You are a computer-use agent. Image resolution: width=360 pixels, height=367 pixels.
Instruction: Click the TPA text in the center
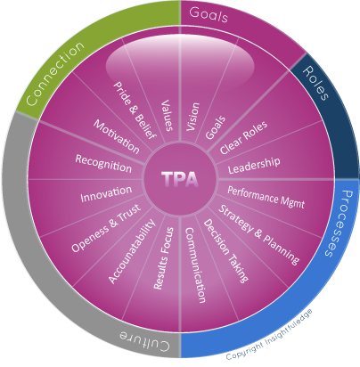pos(180,179)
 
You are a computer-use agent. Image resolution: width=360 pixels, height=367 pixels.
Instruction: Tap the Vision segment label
pos(193,117)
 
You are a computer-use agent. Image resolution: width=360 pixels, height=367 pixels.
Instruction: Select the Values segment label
pos(168,115)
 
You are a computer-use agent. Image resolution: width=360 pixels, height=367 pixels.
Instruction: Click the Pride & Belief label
pos(135,110)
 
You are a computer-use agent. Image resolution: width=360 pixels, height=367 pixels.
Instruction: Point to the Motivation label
pos(117,136)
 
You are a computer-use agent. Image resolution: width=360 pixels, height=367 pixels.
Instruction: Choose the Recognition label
pos(103,163)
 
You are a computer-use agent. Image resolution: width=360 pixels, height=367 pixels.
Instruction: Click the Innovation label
pos(106,194)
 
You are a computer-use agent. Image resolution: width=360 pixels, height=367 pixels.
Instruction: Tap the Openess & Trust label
pos(106,228)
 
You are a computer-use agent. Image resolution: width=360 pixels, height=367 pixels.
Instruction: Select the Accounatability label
pos(132,251)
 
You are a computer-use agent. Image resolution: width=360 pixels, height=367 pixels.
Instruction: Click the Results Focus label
pos(164,258)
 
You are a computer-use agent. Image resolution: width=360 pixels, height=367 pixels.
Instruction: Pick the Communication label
pos(195,265)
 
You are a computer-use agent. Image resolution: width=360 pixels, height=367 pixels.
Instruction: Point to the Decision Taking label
pos(225,251)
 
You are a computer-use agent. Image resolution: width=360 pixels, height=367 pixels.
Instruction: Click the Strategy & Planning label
pos(259,234)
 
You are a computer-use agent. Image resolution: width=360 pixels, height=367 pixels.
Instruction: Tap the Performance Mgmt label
pos(266,198)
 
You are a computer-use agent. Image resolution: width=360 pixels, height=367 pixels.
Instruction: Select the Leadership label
pos(254,165)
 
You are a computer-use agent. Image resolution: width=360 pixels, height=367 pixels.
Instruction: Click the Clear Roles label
pos(243,137)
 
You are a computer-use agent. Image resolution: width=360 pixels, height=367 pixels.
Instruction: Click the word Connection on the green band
pos(55,73)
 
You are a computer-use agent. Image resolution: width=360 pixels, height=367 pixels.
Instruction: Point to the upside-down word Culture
pos(144,339)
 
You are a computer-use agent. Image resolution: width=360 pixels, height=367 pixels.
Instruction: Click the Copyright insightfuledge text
pos(269,334)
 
